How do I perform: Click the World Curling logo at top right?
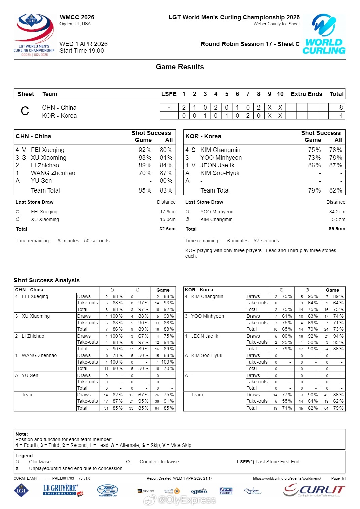pyautogui.click(x=324, y=34)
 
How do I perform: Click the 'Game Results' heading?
pyautogui.click(x=180, y=67)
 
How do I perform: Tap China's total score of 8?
pyautogui.click(x=341, y=108)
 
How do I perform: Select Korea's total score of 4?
pyautogui.click(x=341, y=116)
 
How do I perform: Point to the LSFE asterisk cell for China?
pyautogui.click(x=169, y=108)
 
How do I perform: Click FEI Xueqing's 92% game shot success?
pyautogui.click(x=145, y=150)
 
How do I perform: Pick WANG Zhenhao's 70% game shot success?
pyautogui.click(x=145, y=173)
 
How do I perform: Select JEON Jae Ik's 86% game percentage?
pyautogui.click(x=314, y=165)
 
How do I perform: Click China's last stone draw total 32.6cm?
pyautogui.click(x=167, y=229)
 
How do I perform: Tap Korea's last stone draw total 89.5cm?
pyautogui.click(x=337, y=229)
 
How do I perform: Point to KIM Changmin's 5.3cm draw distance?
pyautogui.click(x=338, y=220)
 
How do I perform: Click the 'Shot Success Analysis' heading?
pyautogui.click(x=47, y=280)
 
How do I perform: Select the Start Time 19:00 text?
pyautogui.click(x=82, y=51)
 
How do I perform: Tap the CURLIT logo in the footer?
pyautogui.click(x=314, y=491)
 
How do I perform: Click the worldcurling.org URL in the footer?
pyautogui.click(x=287, y=478)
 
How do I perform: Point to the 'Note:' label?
pyautogui.click(x=22, y=434)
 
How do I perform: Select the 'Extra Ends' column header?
pyautogui.click(x=307, y=94)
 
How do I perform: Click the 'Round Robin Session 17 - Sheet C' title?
pyautogui.click(x=250, y=44)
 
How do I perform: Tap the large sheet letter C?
pyautogui.click(x=25, y=111)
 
